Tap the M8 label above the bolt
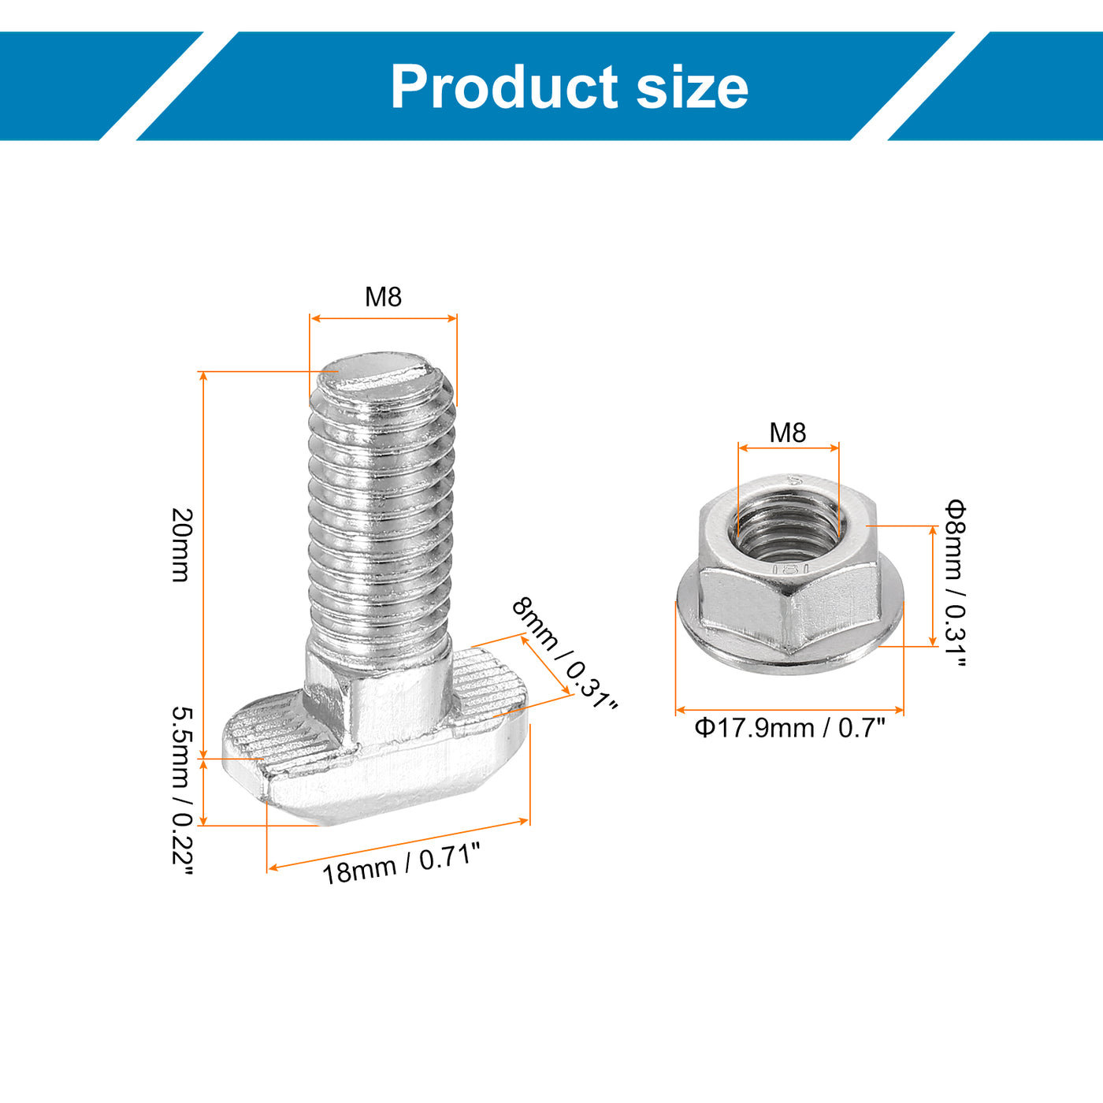(383, 296)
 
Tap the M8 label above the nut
(788, 433)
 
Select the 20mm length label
(182, 545)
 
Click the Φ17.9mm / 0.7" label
(789, 728)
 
